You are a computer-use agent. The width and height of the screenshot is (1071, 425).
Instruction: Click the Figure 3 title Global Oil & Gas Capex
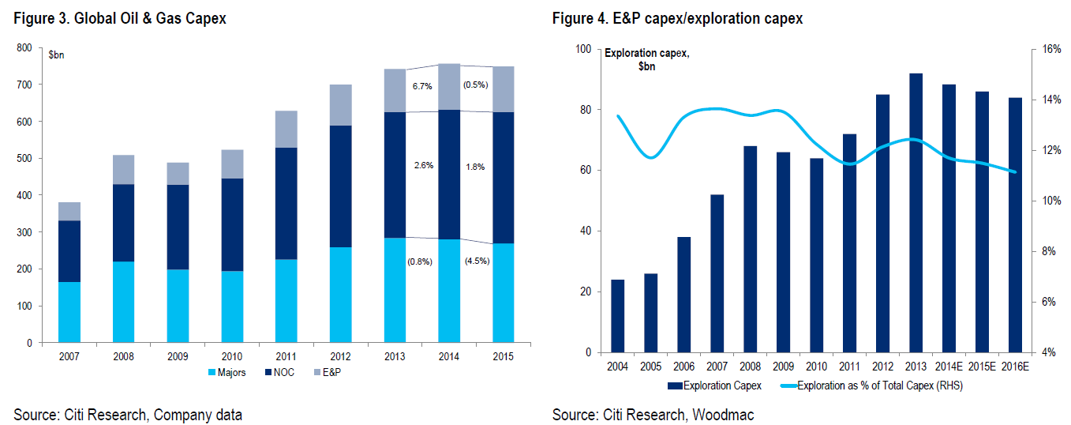(x=119, y=18)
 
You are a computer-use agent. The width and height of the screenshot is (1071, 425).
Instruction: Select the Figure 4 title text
(x=677, y=18)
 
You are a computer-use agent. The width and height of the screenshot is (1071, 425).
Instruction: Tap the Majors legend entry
(x=228, y=372)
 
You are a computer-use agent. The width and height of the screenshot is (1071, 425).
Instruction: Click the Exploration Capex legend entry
(x=715, y=386)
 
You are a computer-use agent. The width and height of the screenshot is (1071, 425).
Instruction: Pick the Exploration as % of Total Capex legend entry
(x=872, y=386)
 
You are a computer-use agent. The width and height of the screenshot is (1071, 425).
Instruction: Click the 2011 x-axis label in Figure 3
(x=285, y=356)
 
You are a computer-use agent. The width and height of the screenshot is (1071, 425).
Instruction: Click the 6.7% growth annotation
(x=422, y=86)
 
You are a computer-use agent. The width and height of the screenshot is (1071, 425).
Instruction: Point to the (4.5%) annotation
(x=476, y=261)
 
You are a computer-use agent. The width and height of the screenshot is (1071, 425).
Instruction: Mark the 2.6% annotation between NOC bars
(x=422, y=166)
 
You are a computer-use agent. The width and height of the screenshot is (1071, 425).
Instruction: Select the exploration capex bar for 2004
(x=617, y=316)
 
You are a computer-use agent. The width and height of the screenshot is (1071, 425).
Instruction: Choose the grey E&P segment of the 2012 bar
(x=340, y=105)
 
